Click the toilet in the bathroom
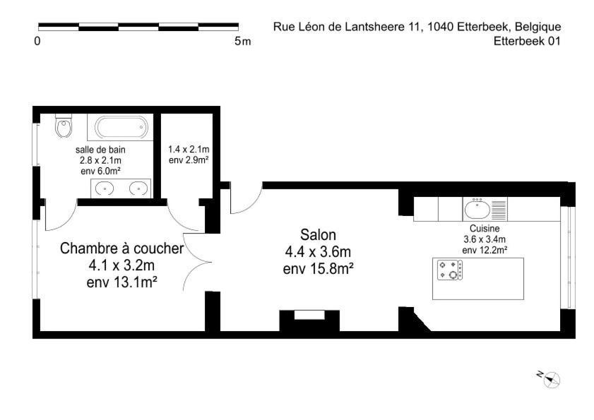pos(64,126)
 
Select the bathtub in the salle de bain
pos(121,127)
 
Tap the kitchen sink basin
pos(477,210)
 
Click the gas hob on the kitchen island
pos(450,270)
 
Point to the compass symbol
pos(552,380)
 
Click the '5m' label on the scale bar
pos(242,41)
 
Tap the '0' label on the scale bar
pos(37,41)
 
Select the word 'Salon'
pos(318,235)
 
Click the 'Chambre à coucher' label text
pos(121,248)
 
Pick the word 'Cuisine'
pos(485,229)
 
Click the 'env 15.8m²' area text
pos(319,269)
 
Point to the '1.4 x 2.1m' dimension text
pos(189,149)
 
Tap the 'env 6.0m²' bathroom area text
pos(100,172)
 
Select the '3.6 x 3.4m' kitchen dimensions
pos(485,239)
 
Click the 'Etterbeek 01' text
pos(527,41)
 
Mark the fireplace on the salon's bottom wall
pos(309,320)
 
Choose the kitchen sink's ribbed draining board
pos(499,210)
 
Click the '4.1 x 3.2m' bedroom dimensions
pos(121,265)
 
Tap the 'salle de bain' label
pos(100,150)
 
